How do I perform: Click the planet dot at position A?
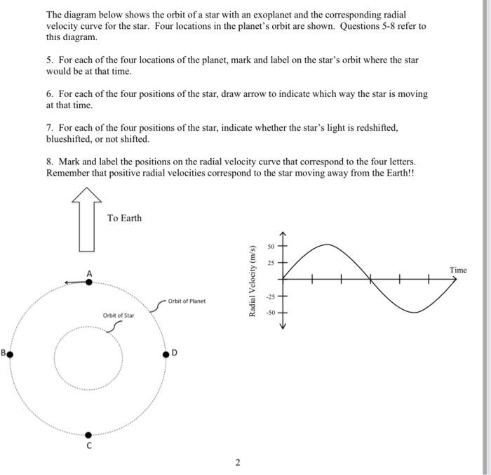tap(88, 282)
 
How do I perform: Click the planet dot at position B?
tap(9, 353)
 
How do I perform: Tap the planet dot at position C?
tap(88, 435)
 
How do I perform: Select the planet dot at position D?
tap(166, 355)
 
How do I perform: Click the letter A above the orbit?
tap(89, 272)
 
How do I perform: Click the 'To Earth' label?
tap(124, 219)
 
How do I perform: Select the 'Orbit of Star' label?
tap(119, 315)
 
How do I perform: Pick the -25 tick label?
tap(269, 296)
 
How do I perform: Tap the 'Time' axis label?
tap(458, 270)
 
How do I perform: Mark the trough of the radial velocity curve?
tap(415, 312)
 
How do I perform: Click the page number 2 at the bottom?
tap(237, 462)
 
